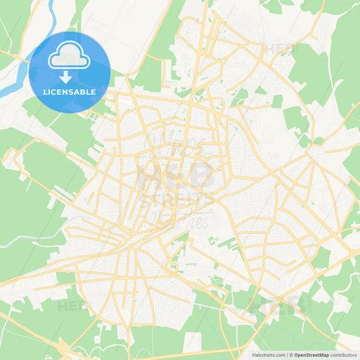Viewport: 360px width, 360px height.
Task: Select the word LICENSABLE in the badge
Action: (x=70, y=92)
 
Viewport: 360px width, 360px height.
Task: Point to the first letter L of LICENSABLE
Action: (x=45, y=92)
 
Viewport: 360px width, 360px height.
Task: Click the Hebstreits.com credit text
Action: (x=267, y=354)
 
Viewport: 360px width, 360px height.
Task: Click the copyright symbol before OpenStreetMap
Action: (x=291, y=354)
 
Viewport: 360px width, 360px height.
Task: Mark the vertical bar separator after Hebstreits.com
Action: (x=287, y=354)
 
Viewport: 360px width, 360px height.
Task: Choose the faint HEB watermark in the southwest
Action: (x=71, y=305)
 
